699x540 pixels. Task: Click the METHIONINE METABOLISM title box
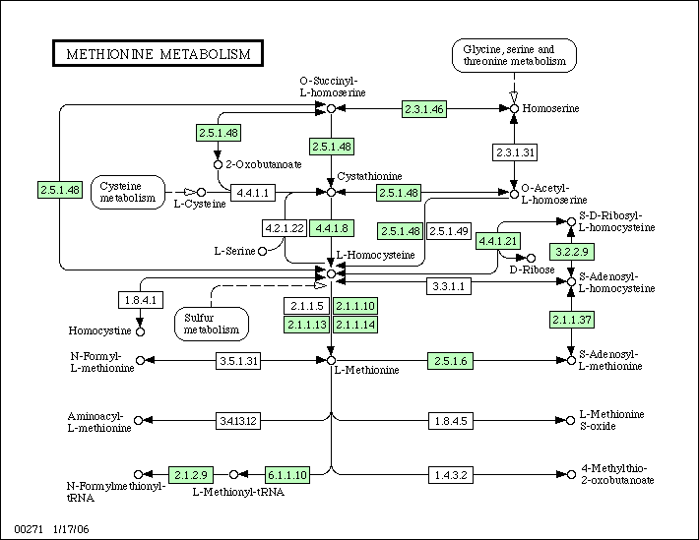pyautogui.click(x=158, y=53)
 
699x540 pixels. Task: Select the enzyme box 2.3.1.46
pyautogui.click(x=424, y=109)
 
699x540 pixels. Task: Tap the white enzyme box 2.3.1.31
pyautogui.click(x=515, y=152)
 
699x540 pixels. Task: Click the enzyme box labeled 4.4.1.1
pyautogui.click(x=253, y=193)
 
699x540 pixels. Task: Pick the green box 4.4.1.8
pyautogui.click(x=332, y=228)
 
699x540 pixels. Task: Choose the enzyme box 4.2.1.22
pyautogui.click(x=285, y=228)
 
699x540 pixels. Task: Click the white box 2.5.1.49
pyautogui.click(x=449, y=231)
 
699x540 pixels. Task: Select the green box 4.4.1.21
pyautogui.click(x=498, y=241)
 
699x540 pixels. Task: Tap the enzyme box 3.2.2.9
pyautogui.click(x=571, y=252)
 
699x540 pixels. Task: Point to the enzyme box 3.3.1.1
pyautogui.click(x=449, y=286)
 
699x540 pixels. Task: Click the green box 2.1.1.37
pyautogui.click(x=571, y=320)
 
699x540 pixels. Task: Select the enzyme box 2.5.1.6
pyautogui.click(x=450, y=361)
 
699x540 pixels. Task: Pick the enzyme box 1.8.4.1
pyautogui.click(x=141, y=300)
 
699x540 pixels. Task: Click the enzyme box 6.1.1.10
pyautogui.click(x=287, y=475)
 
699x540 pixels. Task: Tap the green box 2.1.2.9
pyautogui.click(x=191, y=475)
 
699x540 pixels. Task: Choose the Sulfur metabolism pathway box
pyautogui.click(x=212, y=324)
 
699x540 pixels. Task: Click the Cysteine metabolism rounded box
pyautogui.click(x=128, y=192)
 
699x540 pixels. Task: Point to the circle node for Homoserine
pyautogui.click(x=515, y=108)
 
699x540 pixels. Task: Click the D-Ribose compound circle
pyautogui.click(x=531, y=258)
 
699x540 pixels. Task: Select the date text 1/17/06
pyautogui.click(x=71, y=529)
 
